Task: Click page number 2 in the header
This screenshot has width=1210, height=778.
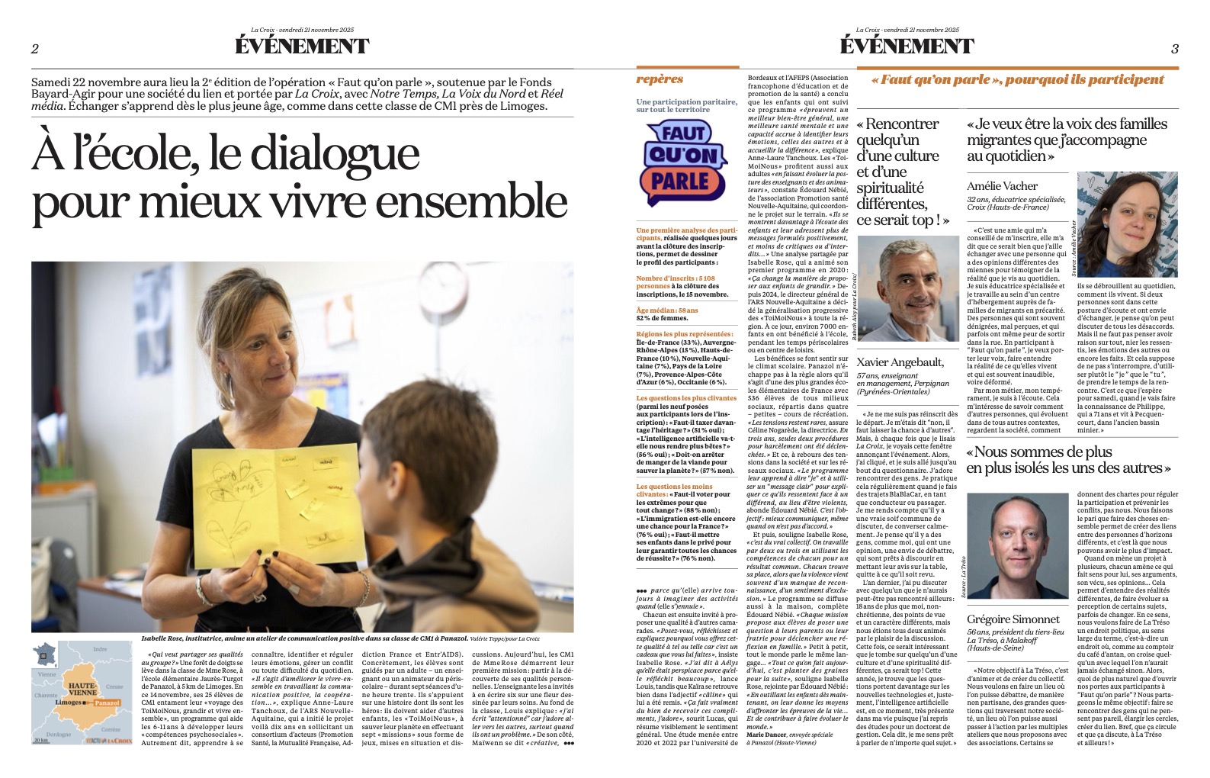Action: (x=35, y=49)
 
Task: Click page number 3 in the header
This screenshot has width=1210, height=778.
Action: (x=1174, y=49)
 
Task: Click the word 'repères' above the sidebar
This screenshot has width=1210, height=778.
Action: (x=660, y=79)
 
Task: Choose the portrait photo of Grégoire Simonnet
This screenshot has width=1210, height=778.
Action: (x=1017, y=546)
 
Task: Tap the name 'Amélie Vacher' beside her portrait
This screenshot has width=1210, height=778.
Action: (x=1002, y=186)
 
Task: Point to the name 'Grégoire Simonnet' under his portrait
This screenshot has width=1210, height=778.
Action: (x=1013, y=619)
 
